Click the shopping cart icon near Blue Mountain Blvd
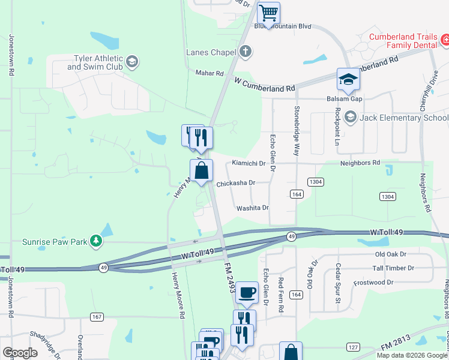268,12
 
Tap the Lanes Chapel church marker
245,52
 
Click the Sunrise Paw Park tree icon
95,241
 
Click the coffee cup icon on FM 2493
246,293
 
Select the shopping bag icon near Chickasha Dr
201,170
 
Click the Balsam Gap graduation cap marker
348,79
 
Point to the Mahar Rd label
209,73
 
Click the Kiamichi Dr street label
249,163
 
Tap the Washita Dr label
252,208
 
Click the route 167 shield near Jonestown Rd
97,316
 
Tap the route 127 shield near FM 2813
354,347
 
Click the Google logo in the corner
20,353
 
